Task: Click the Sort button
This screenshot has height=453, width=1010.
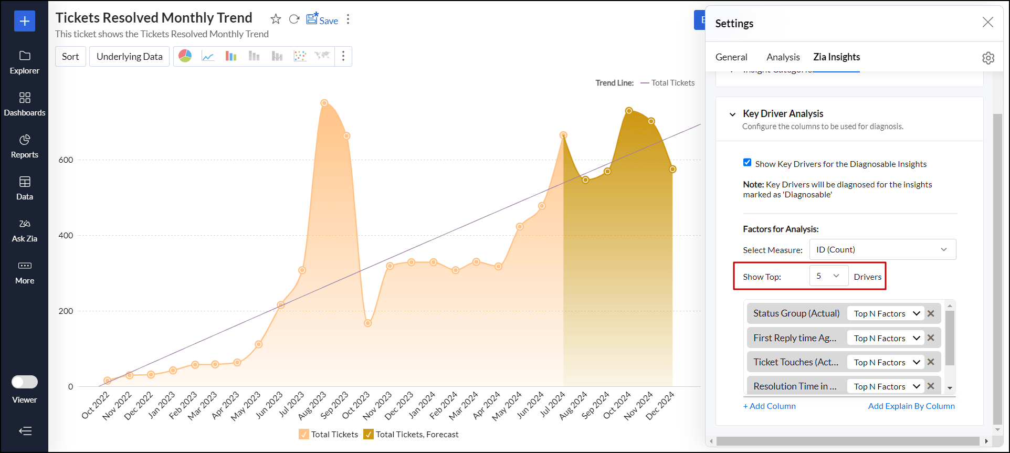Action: tap(70, 57)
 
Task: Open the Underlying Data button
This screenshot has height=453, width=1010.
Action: tap(129, 57)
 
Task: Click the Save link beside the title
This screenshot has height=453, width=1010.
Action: tap(322, 20)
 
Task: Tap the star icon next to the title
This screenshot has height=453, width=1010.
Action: tap(276, 19)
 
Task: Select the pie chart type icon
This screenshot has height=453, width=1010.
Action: tap(185, 56)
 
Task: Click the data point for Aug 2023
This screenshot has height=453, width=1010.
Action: tap(324, 103)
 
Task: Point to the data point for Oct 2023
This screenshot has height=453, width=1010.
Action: tap(368, 323)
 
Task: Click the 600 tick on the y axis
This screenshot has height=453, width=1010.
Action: tap(66, 160)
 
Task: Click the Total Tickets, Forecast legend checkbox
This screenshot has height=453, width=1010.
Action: tap(369, 434)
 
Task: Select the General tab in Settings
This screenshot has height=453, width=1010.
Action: tap(731, 57)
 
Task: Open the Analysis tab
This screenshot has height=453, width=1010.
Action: tap(783, 57)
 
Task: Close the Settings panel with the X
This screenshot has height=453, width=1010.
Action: tap(987, 22)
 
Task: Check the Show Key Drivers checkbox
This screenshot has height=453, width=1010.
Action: tap(748, 163)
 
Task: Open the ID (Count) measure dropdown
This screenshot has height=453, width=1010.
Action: tap(882, 249)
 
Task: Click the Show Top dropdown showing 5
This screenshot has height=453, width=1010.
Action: tap(829, 276)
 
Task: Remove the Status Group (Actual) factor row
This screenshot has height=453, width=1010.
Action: tap(931, 313)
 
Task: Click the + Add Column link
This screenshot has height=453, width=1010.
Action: tap(770, 406)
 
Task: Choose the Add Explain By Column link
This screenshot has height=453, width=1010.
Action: tap(911, 406)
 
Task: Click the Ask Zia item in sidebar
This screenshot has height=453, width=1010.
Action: tap(25, 231)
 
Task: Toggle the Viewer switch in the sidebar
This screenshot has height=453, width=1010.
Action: tap(25, 382)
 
